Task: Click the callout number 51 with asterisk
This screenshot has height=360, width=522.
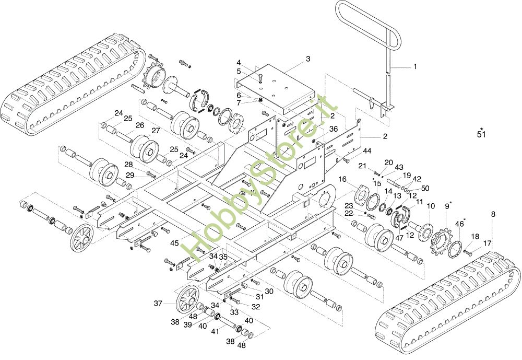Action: (481, 133)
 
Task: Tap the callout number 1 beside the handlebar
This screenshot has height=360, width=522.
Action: (415, 67)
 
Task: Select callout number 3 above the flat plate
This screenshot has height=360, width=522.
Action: (308, 59)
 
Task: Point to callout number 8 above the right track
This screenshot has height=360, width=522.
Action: (493, 214)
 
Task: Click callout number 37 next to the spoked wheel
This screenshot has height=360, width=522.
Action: (158, 304)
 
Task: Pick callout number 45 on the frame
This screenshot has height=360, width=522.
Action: (175, 243)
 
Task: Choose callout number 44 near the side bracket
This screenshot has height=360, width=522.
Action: (367, 151)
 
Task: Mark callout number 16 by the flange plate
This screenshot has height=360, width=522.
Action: (342, 180)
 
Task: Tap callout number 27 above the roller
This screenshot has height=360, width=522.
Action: (156, 131)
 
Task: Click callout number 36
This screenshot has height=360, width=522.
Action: (334, 129)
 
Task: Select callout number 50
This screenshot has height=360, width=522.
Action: (425, 188)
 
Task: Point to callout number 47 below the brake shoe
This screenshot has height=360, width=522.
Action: (399, 238)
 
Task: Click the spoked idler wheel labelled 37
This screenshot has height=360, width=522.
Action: (187, 299)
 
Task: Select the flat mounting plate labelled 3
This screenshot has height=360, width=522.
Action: (275, 88)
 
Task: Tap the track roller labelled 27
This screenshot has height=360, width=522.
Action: (144, 148)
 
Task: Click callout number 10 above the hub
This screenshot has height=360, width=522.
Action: (431, 206)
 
